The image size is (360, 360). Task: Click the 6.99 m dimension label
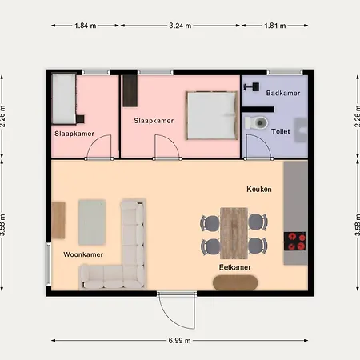coord(179,341)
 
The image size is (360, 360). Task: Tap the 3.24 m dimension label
coord(180,26)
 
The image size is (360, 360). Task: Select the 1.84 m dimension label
coord(86,26)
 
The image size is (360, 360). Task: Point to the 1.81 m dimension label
coord(275,26)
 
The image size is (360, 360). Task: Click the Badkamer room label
coord(283,93)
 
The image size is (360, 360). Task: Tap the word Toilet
coord(281,131)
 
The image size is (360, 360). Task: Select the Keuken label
coord(259,189)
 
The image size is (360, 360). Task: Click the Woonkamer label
coord(83,254)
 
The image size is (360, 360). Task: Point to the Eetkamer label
coord(235,267)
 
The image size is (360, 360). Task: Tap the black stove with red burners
coord(294,242)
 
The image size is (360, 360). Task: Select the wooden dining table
coord(234,234)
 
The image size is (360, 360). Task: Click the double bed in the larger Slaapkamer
coord(212,115)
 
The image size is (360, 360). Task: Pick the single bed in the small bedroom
coord(64,99)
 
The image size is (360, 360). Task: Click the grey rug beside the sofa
coord(92,222)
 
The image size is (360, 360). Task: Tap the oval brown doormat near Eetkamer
coord(235,282)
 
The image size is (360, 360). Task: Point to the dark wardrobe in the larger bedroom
coord(130,90)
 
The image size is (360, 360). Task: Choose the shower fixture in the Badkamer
coord(251,86)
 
